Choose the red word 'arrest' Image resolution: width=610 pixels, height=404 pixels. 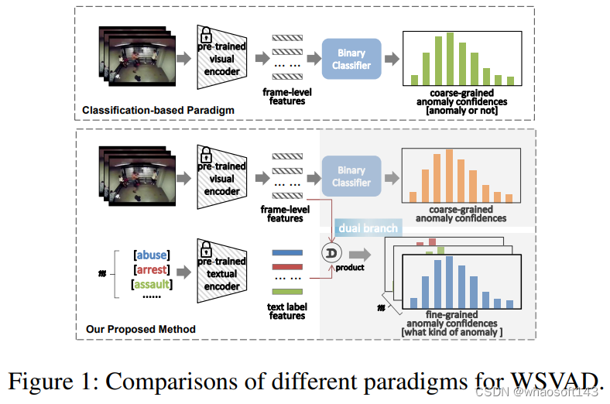coord(152,270)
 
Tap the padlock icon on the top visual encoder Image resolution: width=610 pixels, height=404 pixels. coord(206,36)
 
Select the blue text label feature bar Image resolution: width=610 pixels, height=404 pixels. coord(286,252)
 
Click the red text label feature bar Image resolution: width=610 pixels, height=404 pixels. coord(286,265)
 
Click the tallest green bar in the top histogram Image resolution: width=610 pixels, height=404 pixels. coord(449,58)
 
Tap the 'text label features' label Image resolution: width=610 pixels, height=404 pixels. coord(287,312)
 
